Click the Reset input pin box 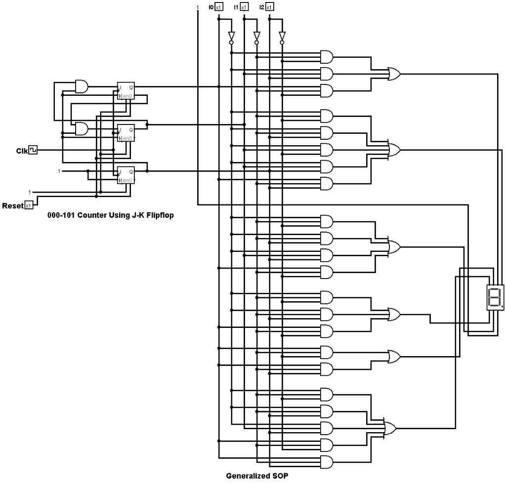29,205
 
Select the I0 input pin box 219,7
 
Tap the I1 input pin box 245,7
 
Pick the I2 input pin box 269,7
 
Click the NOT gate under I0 231,37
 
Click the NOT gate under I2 282,37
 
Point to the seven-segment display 495,297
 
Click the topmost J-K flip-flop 126,91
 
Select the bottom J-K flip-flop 126,175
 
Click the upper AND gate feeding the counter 82,87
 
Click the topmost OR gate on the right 395,74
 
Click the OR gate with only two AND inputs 394,356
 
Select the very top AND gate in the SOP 327,56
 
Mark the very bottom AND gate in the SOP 327,462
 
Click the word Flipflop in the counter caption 158,215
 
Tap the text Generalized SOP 257,477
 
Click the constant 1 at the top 198,7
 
